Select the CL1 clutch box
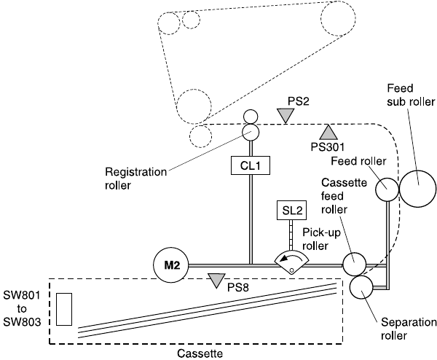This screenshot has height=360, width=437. (251, 166)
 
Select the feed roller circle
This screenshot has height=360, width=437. (386, 189)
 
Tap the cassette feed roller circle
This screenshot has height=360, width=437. (355, 262)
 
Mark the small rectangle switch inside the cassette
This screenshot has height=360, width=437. (63, 309)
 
